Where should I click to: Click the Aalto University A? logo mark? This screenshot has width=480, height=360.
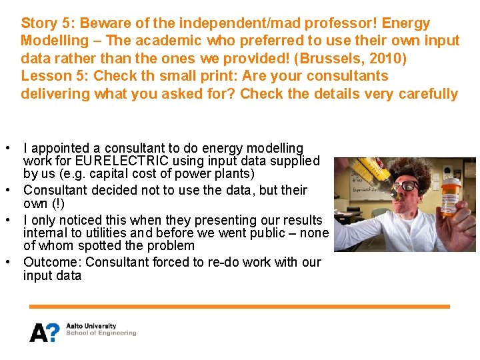pos(44,331)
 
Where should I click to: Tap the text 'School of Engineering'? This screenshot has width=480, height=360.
pos(101,333)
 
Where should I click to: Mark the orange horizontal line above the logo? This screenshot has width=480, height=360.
pos(239,307)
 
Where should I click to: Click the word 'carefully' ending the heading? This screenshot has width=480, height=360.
pos(428,93)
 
